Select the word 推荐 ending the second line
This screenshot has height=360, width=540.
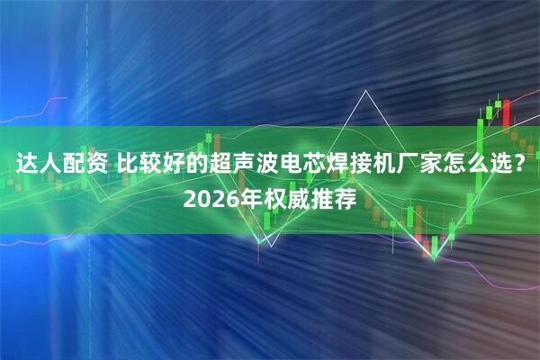(x=334, y=198)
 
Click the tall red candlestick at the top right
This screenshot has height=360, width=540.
(x=506, y=112)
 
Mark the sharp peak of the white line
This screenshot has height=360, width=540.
(x=366, y=91)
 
